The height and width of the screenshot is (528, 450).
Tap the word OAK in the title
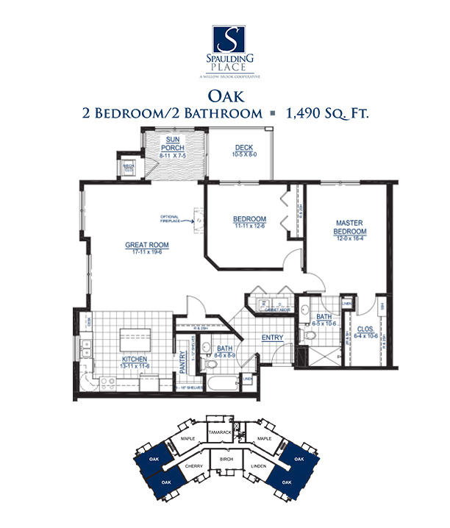point(225,96)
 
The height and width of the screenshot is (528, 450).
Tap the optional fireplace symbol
point(196,215)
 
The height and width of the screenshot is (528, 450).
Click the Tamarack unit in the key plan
point(221,433)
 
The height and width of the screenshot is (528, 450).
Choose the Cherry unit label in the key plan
point(193,466)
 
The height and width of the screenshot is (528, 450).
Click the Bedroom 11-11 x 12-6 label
point(249,220)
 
